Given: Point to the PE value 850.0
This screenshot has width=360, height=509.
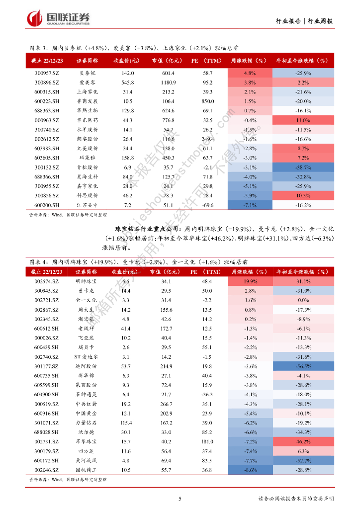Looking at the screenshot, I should coord(207,101).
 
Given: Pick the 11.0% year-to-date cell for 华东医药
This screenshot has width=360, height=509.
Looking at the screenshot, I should coord(302,120).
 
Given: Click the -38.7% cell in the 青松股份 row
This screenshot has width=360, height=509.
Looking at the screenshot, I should coord(302,168).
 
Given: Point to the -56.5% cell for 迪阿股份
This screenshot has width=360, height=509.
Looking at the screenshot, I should coord(302,366).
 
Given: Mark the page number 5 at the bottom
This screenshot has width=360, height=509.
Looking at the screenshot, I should coord(180,499).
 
